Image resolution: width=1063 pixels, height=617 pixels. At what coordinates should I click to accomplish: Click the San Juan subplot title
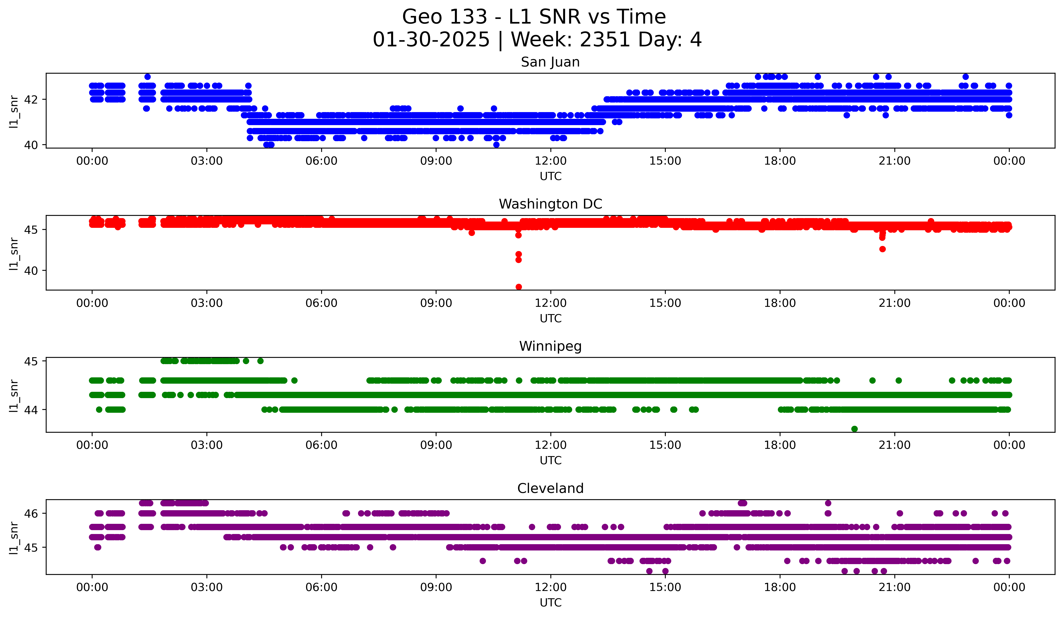point(550,62)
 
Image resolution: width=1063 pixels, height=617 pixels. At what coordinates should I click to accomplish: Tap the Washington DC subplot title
point(550,204)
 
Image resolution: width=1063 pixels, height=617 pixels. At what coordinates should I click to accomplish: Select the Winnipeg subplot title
point(550,346)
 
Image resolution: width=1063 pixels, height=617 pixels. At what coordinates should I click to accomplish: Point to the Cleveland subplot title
point(550,488)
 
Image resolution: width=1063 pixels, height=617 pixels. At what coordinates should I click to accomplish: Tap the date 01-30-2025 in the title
point(431,40)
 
